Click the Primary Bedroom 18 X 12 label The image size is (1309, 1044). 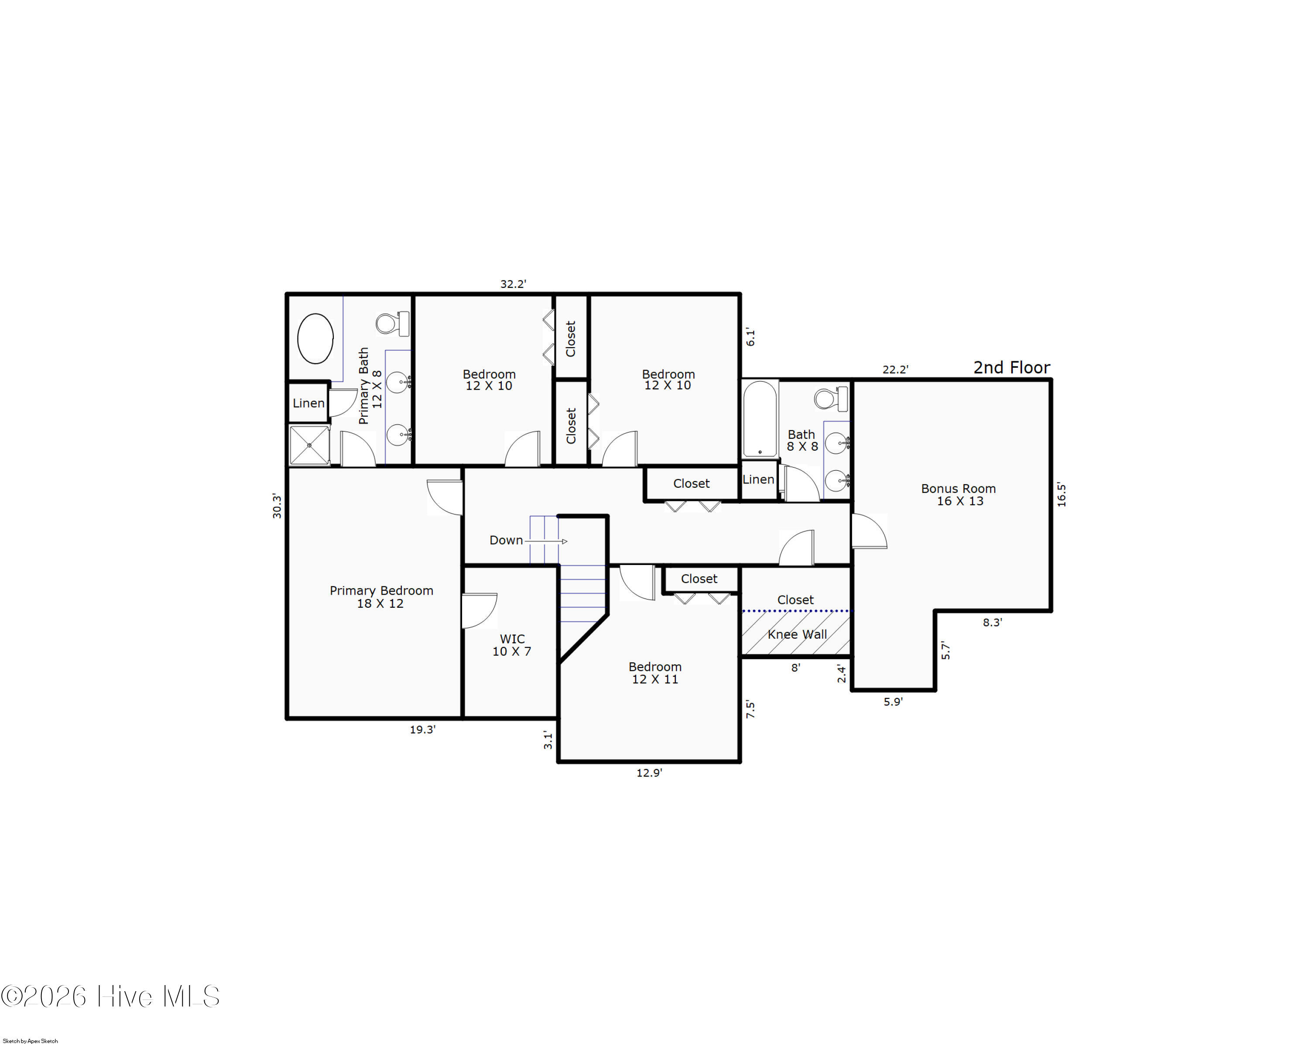pos(381,597)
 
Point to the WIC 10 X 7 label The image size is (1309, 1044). pos(512,645)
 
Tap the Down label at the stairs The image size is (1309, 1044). pos(506,540)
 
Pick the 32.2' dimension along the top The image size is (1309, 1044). pos(513,284)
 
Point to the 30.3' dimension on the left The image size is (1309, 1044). pos(277,506)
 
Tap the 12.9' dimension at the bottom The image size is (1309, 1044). pos(649,773)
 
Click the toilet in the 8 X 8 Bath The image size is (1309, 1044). pos(831,399)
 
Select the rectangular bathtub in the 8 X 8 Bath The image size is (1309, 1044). pos(760,419)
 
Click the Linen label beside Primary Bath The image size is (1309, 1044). pos(308,403)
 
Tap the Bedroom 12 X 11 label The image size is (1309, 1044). pos(655,673)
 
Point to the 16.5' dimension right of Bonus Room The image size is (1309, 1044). pos(1061,495)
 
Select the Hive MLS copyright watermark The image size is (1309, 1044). pos(110,996)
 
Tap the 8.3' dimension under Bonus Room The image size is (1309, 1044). pos(993,622)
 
